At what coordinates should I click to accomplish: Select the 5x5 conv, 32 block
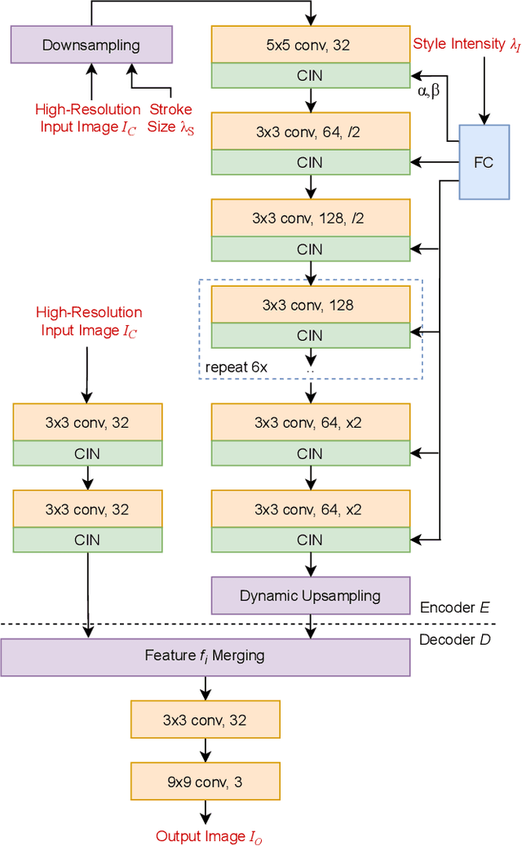point(310,45)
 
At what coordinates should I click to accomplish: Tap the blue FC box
point(484,162)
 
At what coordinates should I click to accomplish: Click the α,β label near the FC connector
point(428,91)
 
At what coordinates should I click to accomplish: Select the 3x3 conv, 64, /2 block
point(310,131)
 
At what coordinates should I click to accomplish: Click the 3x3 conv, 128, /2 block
point(310,218)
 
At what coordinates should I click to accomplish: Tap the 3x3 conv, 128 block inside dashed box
point(310,304)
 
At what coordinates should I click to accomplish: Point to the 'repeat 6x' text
point(237,367)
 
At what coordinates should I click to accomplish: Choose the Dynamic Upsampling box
point(310,595)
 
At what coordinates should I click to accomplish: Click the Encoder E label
point(454,607)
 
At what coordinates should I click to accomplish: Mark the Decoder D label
point(454,640)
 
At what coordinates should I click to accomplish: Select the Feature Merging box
point(205,656)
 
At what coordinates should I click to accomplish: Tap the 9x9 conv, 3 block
point(205,782)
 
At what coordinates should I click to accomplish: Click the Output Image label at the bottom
point(210,836)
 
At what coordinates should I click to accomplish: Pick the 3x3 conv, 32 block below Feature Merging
point(205,720)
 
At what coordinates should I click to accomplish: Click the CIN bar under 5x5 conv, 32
point(310,76)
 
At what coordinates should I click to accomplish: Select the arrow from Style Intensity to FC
point(484,90)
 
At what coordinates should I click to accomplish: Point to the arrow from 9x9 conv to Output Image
point(205,812)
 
